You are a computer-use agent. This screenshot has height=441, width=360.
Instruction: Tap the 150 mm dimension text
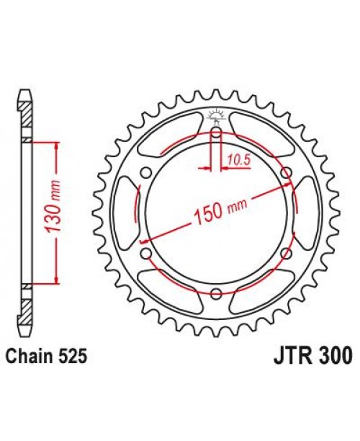click(x=219, y=212)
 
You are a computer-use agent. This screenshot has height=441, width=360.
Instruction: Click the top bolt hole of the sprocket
click(x=216, y=133)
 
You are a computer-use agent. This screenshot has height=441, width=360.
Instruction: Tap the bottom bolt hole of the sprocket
click(x=216, y=292)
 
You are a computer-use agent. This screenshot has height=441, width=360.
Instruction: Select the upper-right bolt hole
click(x=285, y=172)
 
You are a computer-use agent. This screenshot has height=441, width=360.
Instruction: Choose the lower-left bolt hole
click(x=147, y=252)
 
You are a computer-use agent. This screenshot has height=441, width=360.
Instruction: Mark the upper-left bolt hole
click(x=147, y=172)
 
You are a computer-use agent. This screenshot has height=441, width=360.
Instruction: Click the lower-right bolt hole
click(x=285, y=252)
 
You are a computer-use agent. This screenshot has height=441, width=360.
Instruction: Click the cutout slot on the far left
click(x=127, y=213)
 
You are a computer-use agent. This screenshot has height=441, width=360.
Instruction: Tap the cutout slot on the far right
click(x=305, y=213)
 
